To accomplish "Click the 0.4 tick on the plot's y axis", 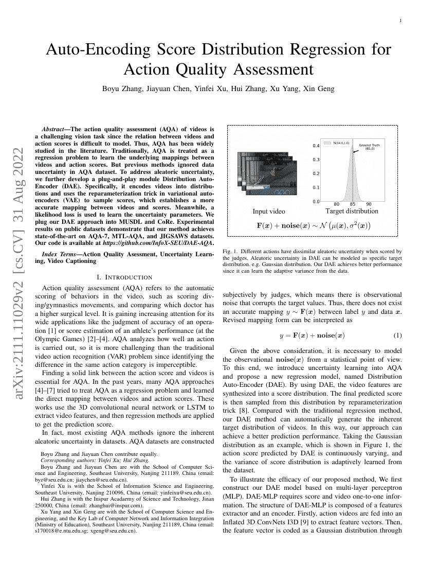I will (316, 146).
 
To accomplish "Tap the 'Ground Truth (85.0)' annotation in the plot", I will (369, 147).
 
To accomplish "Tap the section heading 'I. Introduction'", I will (124, 277).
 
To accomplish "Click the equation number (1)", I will (397, 335).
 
